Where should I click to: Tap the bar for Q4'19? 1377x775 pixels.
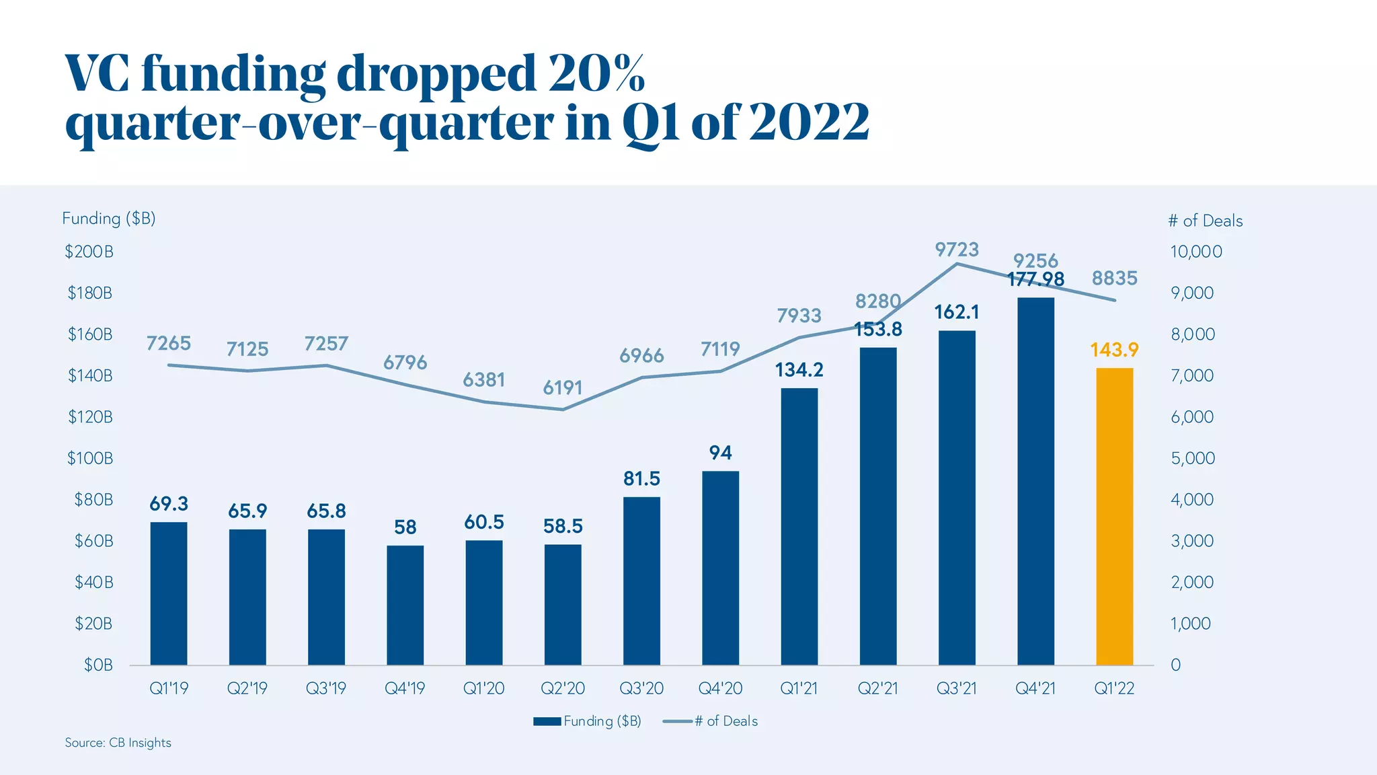[x=405, y=605]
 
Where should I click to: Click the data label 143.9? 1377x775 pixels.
[x=1114, y=350]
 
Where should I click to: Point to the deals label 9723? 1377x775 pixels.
[x=957, y=250]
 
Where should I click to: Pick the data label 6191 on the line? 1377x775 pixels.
[x=563, y=387]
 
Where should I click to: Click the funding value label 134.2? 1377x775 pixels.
[x=799, y=370]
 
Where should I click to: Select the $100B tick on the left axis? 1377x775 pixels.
[x=90, y=458]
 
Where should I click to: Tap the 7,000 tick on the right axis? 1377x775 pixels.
[x=1192, y=375]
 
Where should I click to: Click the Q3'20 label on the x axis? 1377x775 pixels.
[x=641, y=688]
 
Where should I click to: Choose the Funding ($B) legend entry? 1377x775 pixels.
[x=588, y=721]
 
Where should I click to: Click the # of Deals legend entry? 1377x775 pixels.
[x=711, y=721]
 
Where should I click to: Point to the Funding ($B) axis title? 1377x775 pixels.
[x=109, y=219]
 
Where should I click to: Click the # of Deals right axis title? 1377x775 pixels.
[x=1205, y=221]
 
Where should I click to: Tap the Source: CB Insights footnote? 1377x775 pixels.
[x=118, y=743]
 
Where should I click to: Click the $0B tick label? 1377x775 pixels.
[x=98, y=665]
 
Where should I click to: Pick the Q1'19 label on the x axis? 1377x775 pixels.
[x=169, y=688]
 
